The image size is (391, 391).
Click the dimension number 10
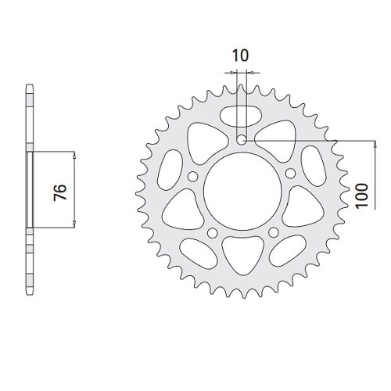tap(240, 56)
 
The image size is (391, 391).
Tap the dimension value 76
tap(60, 192)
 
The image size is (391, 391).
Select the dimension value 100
tap(362, 195)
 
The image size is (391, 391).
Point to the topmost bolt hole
tap(242, 140)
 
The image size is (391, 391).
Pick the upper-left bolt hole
tap(193, 177)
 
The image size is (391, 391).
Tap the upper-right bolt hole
tap(291, 173)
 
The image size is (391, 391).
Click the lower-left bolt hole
tap(213, 232)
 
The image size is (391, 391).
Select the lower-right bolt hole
tap(274, 232)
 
